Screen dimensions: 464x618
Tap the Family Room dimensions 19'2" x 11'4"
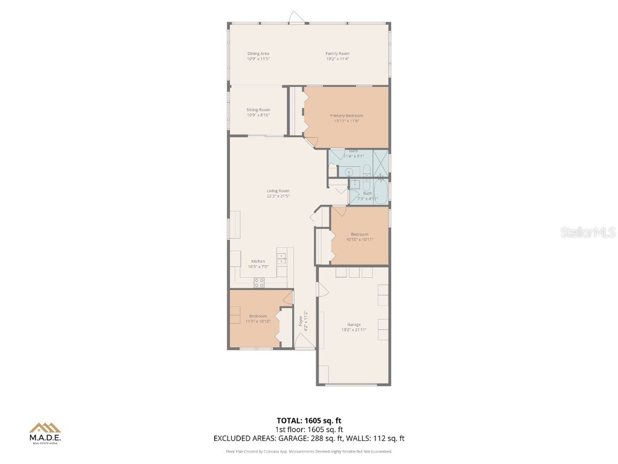coord(337,59)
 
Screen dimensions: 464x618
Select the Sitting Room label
coord(258,110)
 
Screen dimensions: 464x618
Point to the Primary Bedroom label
coord(346,115)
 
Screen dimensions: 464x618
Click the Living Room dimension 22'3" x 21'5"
coord(278,196)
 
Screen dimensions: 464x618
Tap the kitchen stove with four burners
coord(259,281)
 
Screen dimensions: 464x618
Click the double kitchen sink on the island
coord(281,258)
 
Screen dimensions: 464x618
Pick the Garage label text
coord(354,324)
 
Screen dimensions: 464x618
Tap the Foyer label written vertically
coord(301,321)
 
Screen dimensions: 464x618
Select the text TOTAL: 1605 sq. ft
coord(309,420)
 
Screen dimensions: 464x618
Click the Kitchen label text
coord(258,262)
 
